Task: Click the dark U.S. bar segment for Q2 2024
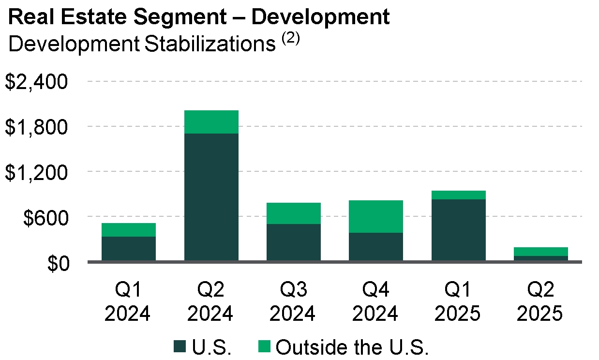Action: [x=211, y=197]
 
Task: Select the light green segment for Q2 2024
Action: [x=211, y=122]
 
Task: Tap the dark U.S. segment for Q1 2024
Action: [x=129, y=249]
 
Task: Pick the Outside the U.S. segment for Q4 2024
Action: [x=376, y=216]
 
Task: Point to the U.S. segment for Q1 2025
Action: [x=459, y=230]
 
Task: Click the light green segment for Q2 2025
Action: [x=541, y=252]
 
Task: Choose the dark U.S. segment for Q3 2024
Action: [x=294, y=242]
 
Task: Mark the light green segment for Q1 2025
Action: [x=459, y=195]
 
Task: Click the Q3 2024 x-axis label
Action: [x=293, y=302]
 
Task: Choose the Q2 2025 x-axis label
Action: [x=540, y=302]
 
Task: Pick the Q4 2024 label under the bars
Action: [x=376, y=302]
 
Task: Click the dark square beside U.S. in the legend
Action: [x=180, y=347]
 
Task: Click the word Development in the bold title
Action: [x=321, y=17]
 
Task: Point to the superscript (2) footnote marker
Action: [x=290, y=39]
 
